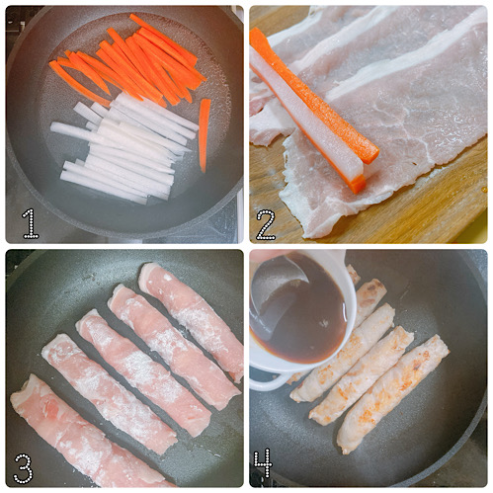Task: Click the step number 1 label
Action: pyautogui.click(x=31, y=222)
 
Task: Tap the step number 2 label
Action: pyautogui.click(x=266, y=223)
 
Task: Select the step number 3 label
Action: pyautogui.click(x=25, y=466)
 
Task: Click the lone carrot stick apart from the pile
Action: pyautogui.click(x=205, y=133)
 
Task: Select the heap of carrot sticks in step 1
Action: pyautogui.click(x=133, y=64)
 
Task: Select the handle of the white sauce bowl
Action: pyautogui.click(x=265, y=380)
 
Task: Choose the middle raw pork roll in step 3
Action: pyautogui.click(x=143, y=366)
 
